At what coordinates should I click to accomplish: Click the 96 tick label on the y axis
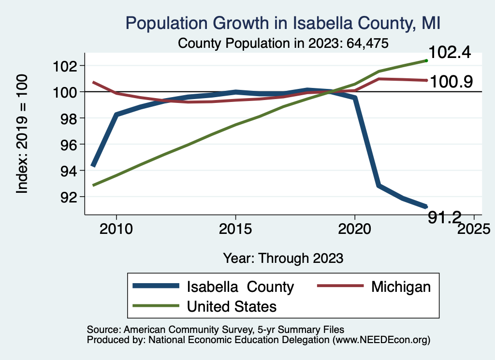click(x=66, y=144)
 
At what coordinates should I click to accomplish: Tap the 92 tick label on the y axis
click(x=66, y=197)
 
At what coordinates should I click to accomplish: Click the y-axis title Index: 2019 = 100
click(x=22, y=134)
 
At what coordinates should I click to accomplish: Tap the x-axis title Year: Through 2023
click(x=283, y=258)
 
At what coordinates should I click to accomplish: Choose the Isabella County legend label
click(x=240, y=287)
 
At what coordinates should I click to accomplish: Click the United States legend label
click(x=232, y=306)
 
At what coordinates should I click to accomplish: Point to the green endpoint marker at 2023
click(x=426, y=60)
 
